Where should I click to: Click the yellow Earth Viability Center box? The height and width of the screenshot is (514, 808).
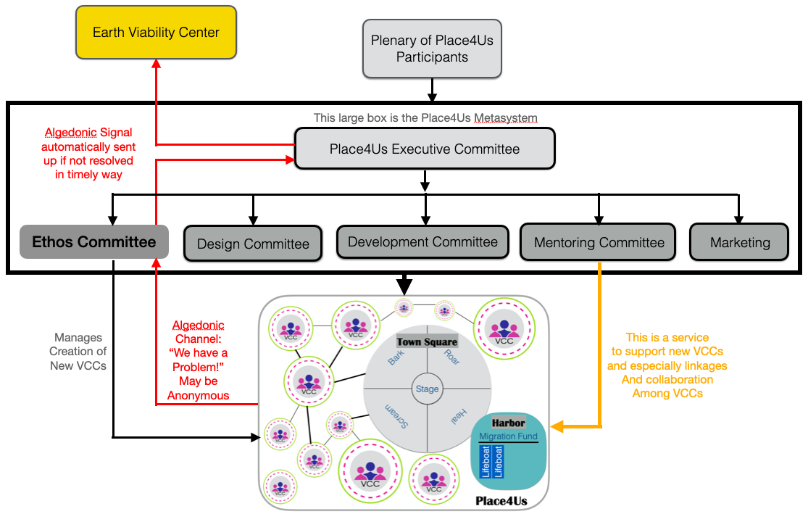[157, 33]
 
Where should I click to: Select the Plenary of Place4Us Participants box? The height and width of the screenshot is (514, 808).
[432, 49]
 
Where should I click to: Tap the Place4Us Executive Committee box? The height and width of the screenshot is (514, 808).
[425, 149]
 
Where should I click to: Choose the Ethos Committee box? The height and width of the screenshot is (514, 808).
[94, 242]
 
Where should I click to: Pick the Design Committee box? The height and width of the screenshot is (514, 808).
[253, 244]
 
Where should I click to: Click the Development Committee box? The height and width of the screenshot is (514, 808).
[422, 241]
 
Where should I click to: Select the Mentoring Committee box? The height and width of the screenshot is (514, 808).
[599, 243]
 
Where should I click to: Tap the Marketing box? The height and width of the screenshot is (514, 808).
[739, 243]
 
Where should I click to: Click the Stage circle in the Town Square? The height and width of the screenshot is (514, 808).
[427, 389]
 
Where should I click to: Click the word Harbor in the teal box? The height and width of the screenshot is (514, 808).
[508, 423]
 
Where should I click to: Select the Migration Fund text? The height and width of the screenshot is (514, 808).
[508, 436]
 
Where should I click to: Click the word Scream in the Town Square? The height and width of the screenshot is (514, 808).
[396, 418]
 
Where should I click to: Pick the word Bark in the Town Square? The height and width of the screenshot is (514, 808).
[396, 357]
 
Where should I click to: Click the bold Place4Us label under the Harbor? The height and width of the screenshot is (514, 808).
[501, 501]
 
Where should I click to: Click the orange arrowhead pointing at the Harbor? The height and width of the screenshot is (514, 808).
[555, 426]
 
